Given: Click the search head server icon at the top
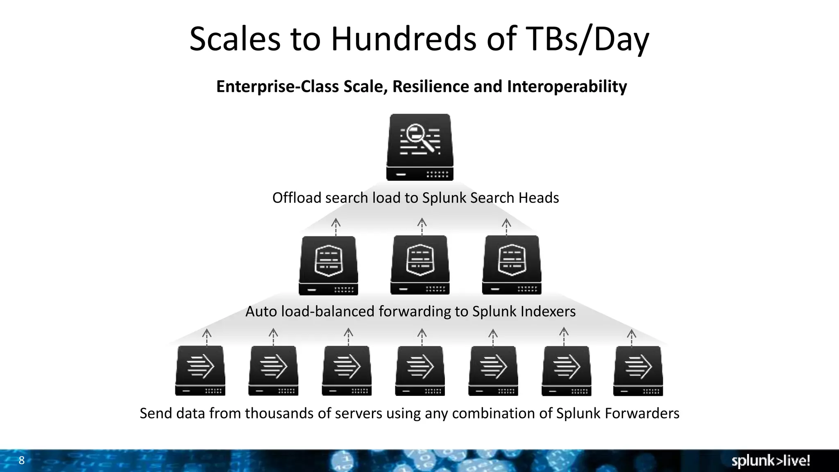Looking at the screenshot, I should [x=420, y=147].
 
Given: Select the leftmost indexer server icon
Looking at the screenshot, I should [x=329, y=265].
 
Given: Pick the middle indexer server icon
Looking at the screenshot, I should [x=420, y=265].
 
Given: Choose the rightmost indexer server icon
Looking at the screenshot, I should [x=512, y=265].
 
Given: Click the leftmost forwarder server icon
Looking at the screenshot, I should [x=200, y=370].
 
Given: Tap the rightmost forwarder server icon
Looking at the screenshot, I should [x=638, y=370].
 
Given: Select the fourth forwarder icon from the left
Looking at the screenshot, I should [x=420, y=370].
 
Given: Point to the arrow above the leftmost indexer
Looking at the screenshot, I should [x=336, y=227].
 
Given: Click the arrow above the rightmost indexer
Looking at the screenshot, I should [x=507, y=227].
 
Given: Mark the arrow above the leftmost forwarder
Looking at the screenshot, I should [x=207, y=337].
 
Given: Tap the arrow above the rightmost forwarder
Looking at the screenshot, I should [x=632, y=337].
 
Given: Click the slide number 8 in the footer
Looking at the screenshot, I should [x=22, y=460].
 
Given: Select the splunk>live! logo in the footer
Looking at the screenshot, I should [x=771, y=461].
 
